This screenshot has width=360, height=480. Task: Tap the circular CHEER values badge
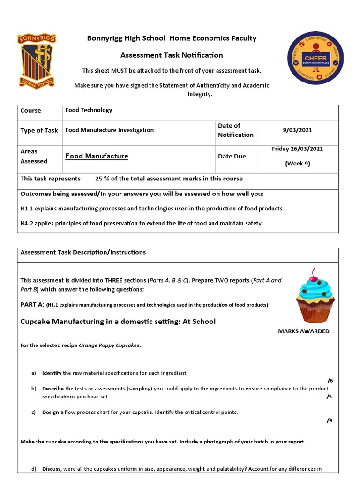pos(315,58)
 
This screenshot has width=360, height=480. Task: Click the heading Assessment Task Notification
pos(172,55)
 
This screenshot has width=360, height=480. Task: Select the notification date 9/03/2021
pos(297,130)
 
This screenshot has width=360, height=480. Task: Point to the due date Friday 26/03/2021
pos(297,149)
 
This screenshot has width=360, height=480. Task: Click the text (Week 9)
pos(297,164)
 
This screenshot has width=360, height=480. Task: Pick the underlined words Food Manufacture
pos(97,156)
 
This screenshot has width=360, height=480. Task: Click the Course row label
pos(30,111)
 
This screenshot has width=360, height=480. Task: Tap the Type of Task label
pos(39,130)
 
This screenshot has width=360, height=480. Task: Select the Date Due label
pos(232,157)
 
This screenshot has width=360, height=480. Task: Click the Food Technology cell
pos(89,110)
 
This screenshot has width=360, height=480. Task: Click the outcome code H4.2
pos(28,224)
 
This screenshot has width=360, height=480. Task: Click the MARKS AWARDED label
pos(304,331)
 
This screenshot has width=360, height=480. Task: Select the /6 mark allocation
pos(330,381)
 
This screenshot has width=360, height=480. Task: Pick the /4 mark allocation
pos(330,420)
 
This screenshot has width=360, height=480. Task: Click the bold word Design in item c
pos(51,412)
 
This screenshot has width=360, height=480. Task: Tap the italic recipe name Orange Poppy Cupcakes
pos(109,346)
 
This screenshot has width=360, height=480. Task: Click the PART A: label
pos(31,305)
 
